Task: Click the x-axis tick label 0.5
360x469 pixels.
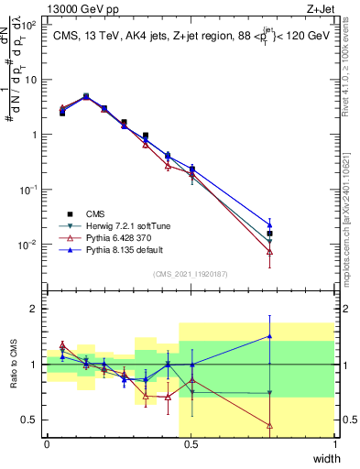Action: (191, 444)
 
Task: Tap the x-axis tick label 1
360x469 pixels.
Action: (334, 444)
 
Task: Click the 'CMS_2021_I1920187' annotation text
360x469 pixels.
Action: (191, 273)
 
